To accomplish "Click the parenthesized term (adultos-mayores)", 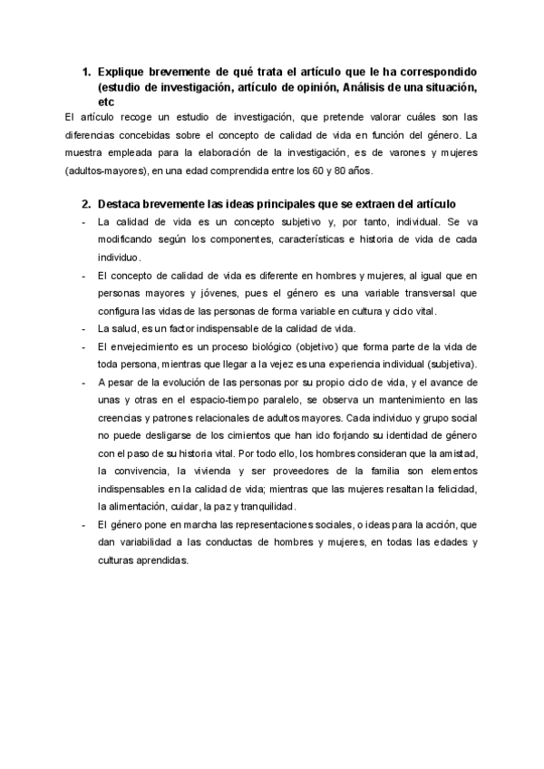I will pyautogui.click(x=104, y=170).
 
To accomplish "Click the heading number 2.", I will pyautogui.click(x=85, y=204).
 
